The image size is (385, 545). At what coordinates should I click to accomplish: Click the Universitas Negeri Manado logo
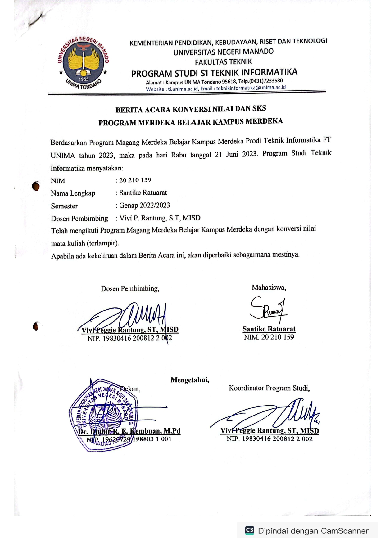pos(83,63)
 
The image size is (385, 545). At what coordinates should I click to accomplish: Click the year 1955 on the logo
pos(83,79)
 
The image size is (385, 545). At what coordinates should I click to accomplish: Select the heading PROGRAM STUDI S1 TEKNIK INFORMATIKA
pos(214,73)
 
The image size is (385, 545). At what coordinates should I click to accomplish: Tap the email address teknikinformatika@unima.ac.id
pos(251,88)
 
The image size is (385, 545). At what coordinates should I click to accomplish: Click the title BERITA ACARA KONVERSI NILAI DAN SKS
pos(191,109)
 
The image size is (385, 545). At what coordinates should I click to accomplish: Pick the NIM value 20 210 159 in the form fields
pos(135,180)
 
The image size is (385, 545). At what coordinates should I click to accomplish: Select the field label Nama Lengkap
pos(73,193)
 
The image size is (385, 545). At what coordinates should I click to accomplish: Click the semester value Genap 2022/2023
pos(145,205)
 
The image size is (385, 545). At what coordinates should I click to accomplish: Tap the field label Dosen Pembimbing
pos(79,219)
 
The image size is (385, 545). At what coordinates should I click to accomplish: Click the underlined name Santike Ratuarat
pos(269,329)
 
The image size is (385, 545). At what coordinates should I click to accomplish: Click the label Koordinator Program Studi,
pos(269,388)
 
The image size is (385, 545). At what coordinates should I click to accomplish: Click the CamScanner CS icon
pos(250,530)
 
